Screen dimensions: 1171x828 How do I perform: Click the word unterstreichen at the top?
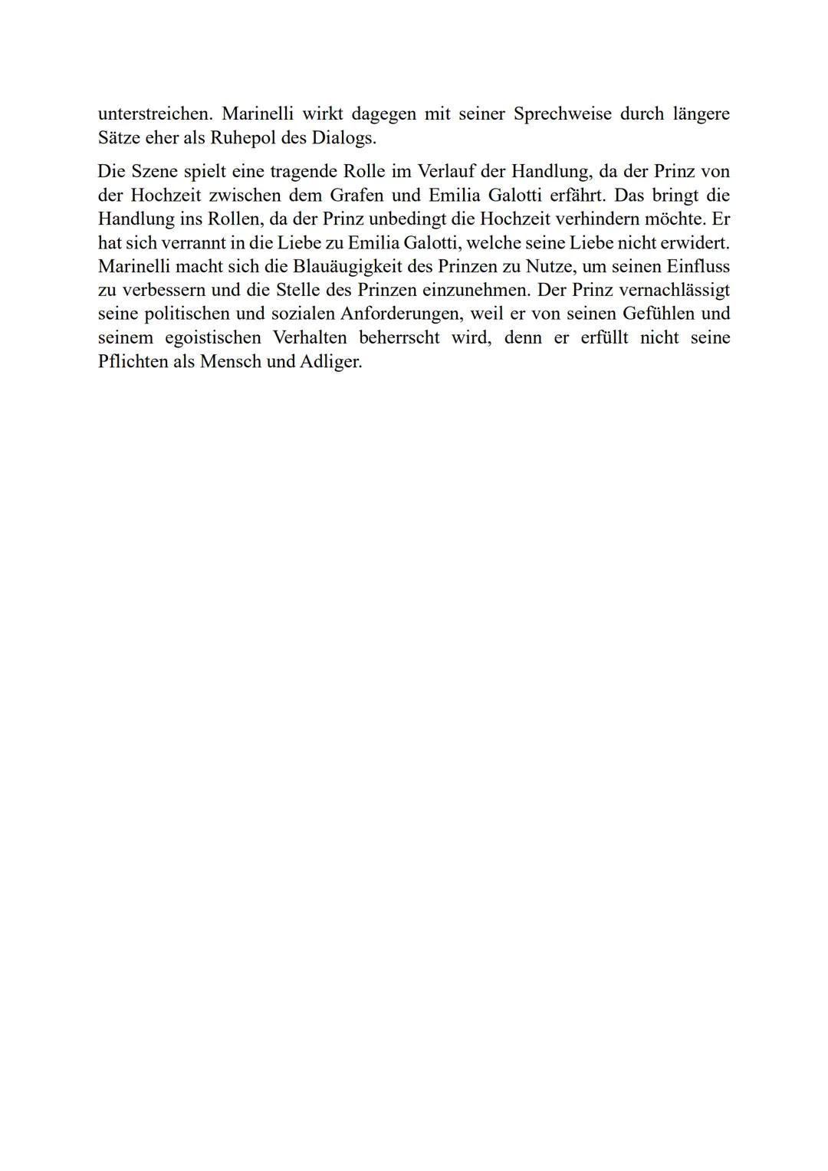pyautogui.click(x=153, y=114)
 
